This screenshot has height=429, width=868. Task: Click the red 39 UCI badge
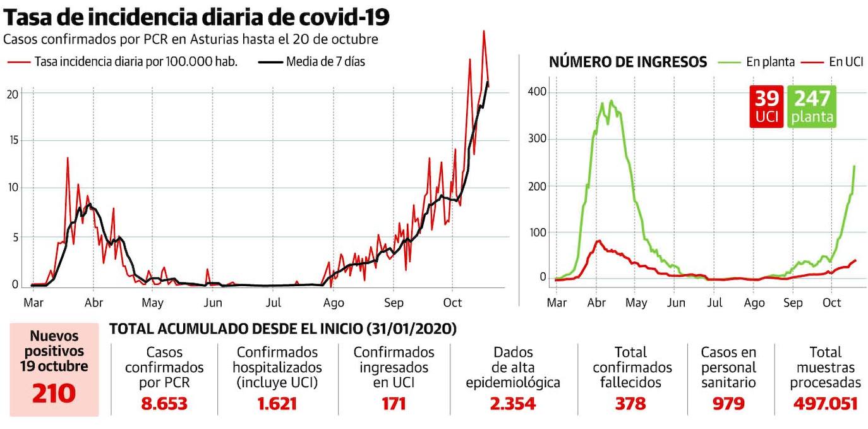(766, 106)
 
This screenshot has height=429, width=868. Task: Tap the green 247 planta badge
(812, 106)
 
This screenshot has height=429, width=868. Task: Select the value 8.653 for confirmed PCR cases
(164, 403)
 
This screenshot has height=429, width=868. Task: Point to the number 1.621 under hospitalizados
(277, 403)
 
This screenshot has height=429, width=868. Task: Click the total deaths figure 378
(630, 403)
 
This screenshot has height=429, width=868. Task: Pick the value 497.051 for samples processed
(825, 403)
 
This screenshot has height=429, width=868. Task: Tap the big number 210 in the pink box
(54, 393)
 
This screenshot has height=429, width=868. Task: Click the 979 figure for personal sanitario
(728, 403)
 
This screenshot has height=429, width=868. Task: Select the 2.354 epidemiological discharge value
(512, 403)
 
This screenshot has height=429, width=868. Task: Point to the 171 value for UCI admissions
(393, 403)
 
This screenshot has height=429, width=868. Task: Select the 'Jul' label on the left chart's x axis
(273, 303)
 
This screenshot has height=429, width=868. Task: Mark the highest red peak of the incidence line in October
(484, 32)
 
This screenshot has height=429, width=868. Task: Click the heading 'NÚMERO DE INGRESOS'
(627, 62)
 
